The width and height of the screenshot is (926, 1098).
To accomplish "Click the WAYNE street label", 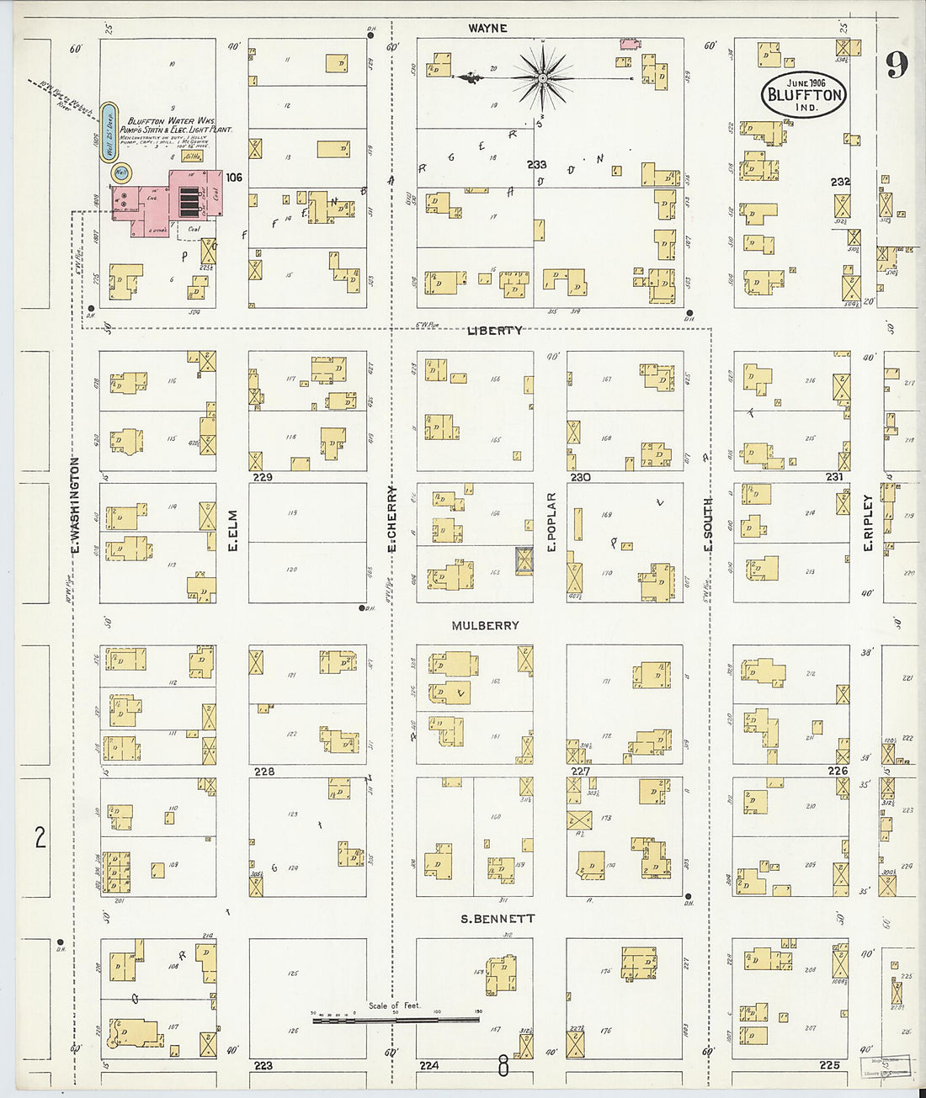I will click(487, 28).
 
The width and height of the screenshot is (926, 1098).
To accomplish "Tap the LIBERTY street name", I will click(494, 331).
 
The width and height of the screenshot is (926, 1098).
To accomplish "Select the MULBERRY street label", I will click(485, 625).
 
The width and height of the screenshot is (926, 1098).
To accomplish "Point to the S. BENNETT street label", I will click(498, 919).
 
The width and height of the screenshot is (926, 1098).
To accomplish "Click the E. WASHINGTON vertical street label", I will click(74, 506).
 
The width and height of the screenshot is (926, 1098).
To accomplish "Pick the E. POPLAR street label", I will click(552, 522).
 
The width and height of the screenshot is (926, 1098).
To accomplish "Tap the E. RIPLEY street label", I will click(867, 522).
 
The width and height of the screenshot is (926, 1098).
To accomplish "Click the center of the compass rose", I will click(543, 78).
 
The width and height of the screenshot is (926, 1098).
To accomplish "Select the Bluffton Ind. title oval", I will click(805, 94).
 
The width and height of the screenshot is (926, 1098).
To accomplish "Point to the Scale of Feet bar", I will click(395, 1020).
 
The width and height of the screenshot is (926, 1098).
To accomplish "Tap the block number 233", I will click(537, 165).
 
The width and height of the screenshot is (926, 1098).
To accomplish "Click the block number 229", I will click(263, 477).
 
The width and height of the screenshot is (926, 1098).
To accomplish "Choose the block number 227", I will click(580, 771).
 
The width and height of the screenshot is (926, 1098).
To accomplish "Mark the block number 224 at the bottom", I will click(428, 1065).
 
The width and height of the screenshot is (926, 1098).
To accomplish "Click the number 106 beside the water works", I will click(233, 178).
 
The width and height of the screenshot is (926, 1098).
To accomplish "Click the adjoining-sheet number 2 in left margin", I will click(40, 837).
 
